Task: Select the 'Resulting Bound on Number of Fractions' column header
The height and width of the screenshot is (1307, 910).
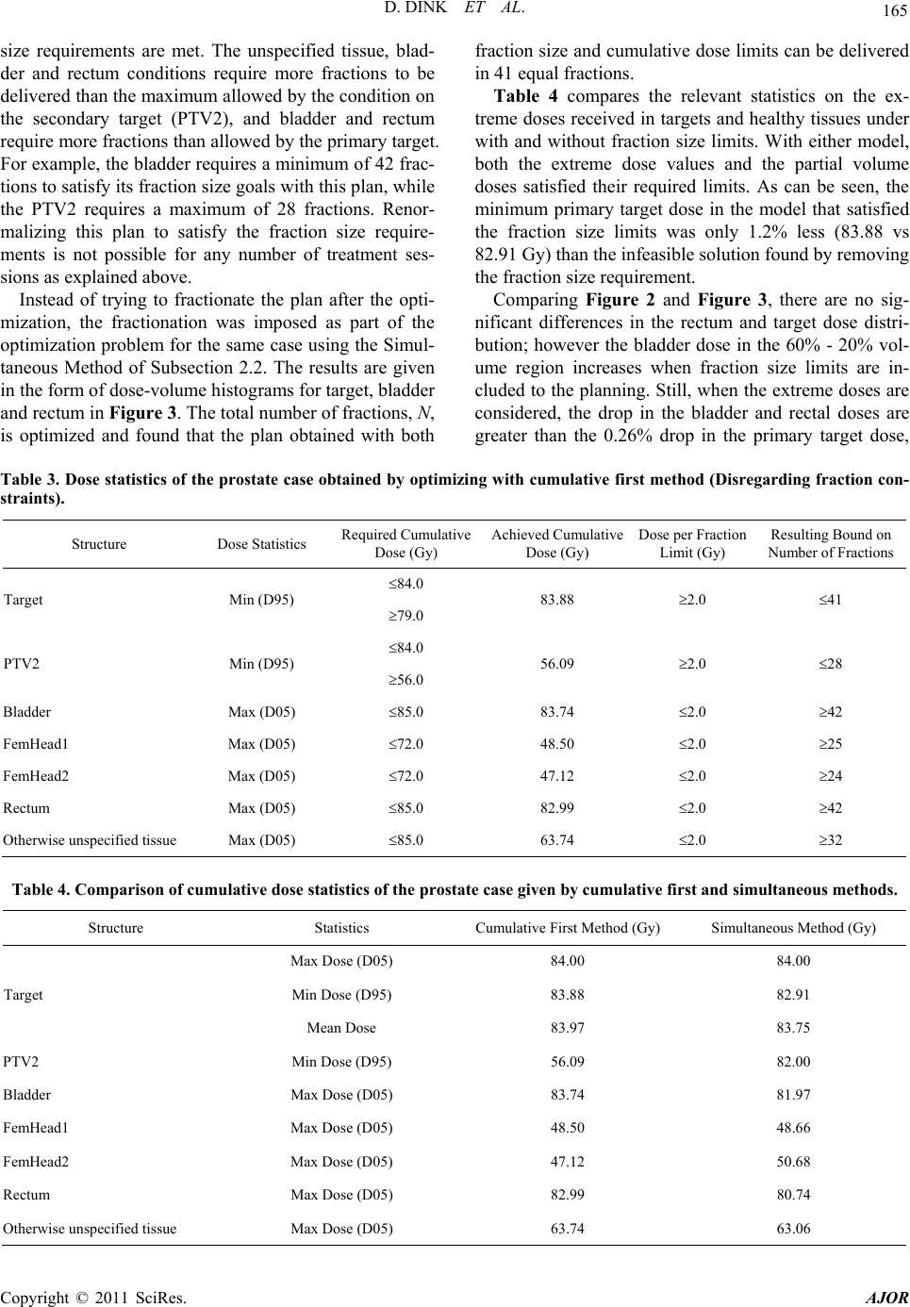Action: [830, 543]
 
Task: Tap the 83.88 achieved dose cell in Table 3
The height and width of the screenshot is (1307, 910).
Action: [556, 600]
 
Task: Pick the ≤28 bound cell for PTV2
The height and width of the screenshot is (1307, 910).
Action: [830, 664]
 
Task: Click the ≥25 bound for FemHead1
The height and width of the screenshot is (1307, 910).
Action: [830, 743]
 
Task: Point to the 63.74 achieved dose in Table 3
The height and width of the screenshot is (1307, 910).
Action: [556, 839]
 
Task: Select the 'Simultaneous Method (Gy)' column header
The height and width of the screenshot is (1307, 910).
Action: [794, 928]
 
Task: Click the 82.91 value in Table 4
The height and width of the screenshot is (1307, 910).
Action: [794, 994]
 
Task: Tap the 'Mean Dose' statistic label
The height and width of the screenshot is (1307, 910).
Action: [341, 1028]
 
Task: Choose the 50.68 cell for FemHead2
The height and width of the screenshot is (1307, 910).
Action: [794, 1161]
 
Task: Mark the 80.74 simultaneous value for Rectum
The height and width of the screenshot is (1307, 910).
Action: [794, 1195]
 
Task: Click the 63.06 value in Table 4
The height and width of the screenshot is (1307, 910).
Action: [794, 1229]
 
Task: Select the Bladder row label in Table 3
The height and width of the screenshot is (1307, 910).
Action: [27, 712]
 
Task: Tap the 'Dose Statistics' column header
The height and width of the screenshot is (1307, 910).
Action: [261, 544]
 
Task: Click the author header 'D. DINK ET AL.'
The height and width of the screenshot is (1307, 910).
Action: [455, 14]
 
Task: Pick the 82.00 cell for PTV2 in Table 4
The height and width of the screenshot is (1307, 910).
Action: [794, 1061]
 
